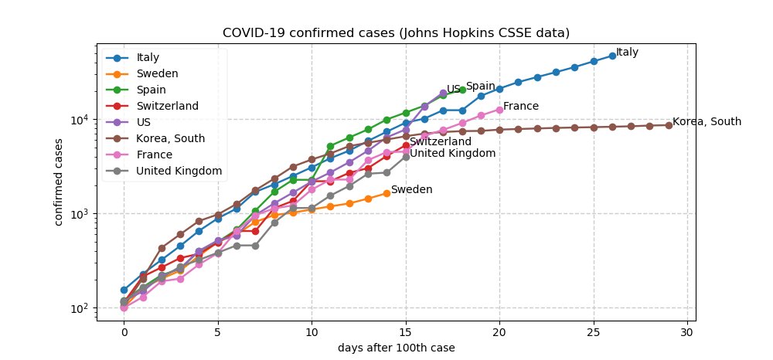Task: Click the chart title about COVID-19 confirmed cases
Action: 396,33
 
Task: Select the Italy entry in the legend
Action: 148,57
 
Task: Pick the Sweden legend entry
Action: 157,73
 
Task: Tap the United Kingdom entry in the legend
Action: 179,171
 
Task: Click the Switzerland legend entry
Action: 168,106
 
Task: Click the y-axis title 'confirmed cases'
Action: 60,182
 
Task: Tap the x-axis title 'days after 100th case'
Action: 396,348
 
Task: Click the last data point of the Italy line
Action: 612,56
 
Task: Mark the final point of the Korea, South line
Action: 669,125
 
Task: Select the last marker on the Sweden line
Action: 386,193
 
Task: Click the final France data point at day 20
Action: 499,110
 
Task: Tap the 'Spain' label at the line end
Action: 480,87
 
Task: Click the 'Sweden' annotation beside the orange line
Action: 411,190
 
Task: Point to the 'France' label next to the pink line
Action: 521,107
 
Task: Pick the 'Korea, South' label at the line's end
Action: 707,122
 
